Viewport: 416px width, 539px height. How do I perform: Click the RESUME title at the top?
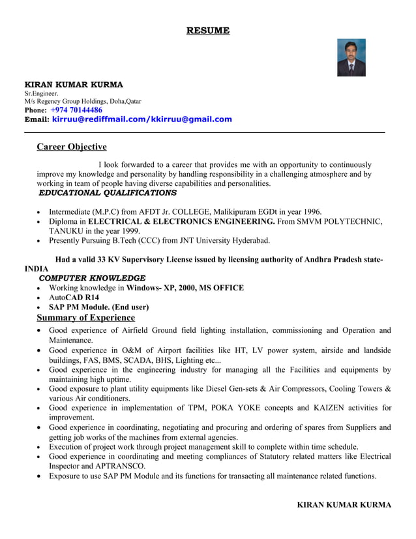pyautogui.click(x=208, y=31)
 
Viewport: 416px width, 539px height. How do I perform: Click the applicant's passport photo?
pyautogui.click(x=351, y=57)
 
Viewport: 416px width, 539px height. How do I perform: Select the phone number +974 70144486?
pyautogui.click(x=76, y=110)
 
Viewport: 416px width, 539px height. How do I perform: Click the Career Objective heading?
pyautogui.click(x=71, y=147)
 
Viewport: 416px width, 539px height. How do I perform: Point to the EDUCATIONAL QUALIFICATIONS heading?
pyautogui.click(x=108, y=193)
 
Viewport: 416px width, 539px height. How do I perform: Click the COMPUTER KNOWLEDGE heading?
pyautogui.click(x=92, y=278)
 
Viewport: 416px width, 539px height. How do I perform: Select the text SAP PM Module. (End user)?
pyautogui.click(x=98, y=307)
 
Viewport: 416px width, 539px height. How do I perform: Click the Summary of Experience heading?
pyautogui.click(x=85, y=318)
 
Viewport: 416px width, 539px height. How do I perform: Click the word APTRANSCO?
pyautogui.click(x=123, y=467)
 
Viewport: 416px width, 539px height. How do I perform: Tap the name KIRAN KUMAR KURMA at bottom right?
pyautogui.click(x=344, y=505)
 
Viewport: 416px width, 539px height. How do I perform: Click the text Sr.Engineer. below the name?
pyautogui.click(x=41, y=93)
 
